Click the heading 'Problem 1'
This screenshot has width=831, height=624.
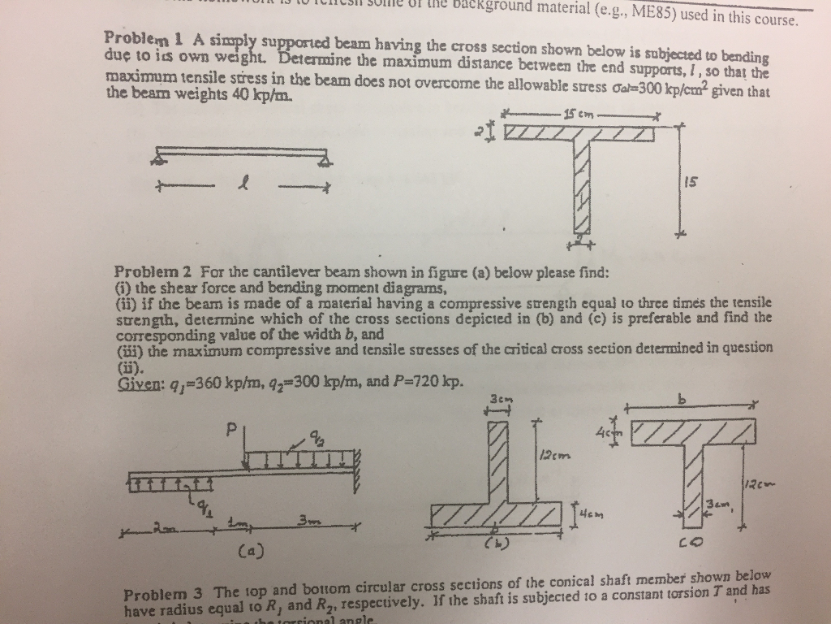click(135, 39)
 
